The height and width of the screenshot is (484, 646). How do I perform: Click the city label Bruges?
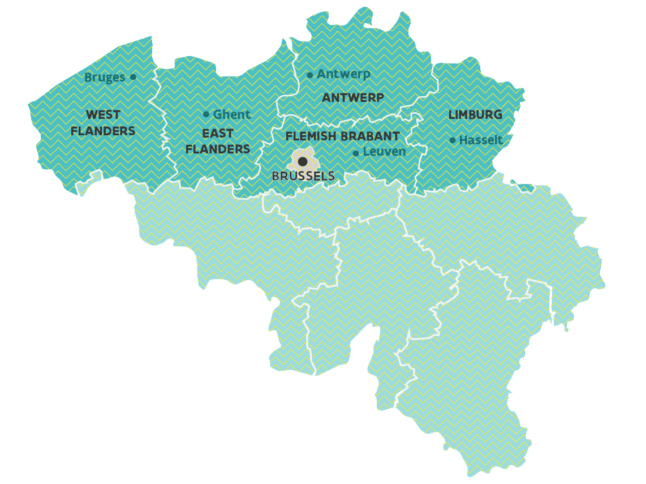click(x=105, y=78)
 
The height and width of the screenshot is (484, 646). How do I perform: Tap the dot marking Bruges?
click(x=133, y=77)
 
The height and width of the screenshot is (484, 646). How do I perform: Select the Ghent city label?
click(x=231, y=114)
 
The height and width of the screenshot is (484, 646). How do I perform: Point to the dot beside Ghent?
click(x=206, y=114)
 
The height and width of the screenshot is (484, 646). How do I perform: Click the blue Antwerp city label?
click(x=343, y=74)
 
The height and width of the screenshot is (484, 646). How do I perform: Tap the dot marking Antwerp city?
click(x=309, y=75)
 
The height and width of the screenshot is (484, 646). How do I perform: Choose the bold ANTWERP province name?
click(x=353, y=98)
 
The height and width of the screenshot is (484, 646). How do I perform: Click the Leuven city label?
click(x=384, y=152)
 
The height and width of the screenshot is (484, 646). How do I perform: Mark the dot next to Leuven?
click(x=355, y=153)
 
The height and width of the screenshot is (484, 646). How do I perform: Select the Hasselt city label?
click(x=481, y=140)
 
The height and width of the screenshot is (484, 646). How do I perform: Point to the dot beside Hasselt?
click(x=453, y=140)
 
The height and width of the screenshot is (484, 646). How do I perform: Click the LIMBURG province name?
click(x=475, y=115)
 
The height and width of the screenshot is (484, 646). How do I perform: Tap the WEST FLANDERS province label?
click(x=103, y=123)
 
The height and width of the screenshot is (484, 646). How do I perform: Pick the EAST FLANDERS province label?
click(x=218, y=142)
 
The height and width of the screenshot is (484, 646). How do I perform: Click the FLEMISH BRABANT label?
click(x=342, y=136)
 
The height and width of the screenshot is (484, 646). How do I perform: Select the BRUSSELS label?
click(x=303, y=176)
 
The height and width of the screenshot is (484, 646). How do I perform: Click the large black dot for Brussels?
click(x=303, y=162)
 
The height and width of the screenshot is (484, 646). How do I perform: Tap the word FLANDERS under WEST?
click(x=103, y=131)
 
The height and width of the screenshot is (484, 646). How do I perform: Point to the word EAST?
click(x=218, y=134)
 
